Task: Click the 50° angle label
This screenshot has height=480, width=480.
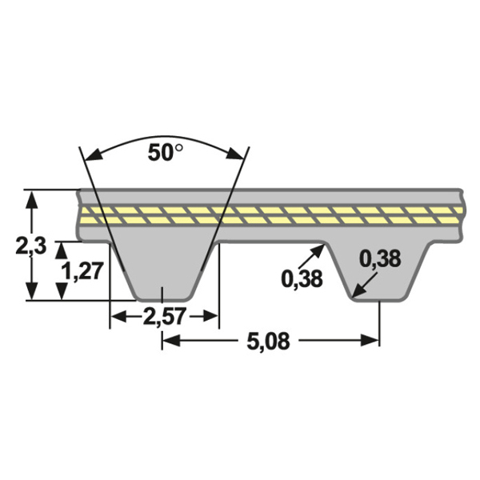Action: (x=166, y=153)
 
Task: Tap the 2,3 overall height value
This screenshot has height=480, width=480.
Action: (x=31, y=246)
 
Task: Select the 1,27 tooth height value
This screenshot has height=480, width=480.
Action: (x=82, y=271)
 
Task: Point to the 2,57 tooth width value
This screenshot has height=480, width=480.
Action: (x=164, y=316)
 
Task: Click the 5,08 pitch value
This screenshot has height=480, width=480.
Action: (x=269, y=342)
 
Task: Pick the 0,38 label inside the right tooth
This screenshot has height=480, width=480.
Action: (x=380, y=258)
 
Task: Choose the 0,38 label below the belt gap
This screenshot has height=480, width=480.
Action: (x=302, y=279)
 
